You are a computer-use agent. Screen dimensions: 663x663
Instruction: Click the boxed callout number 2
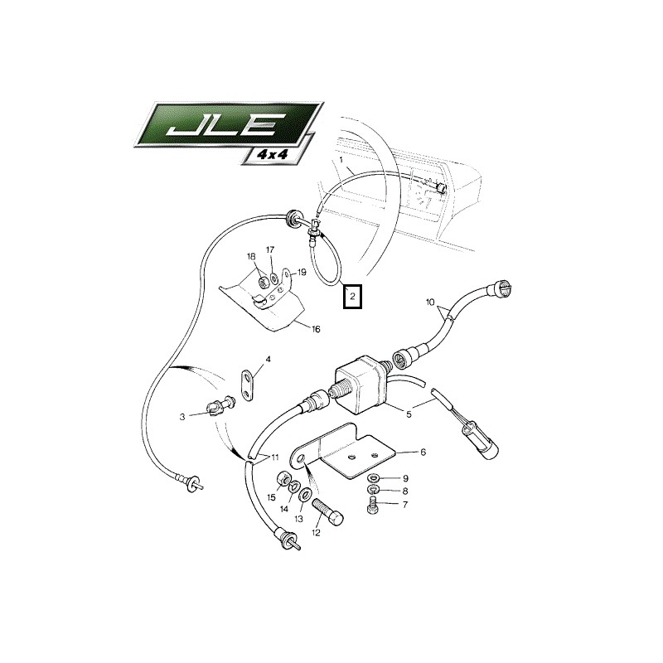tap(351, 297)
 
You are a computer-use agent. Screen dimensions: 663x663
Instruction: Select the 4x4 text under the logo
tap(273, 154)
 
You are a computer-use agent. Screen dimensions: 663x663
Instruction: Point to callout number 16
tap(316, 329)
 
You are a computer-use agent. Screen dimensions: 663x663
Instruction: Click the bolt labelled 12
tap(327, 512)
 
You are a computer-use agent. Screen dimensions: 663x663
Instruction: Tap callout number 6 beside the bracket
tap(423, 452)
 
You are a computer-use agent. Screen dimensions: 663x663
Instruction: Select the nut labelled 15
tap(283, 479)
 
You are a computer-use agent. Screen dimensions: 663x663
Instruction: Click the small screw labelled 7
tap(371, 506)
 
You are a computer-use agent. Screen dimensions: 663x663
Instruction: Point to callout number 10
tap(429, 302)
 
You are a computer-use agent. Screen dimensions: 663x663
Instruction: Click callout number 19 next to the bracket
tap(302, 273)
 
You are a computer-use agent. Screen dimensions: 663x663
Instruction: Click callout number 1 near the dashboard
tap(341, 160)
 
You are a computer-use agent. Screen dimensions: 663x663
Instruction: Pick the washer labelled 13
tap(305, 493)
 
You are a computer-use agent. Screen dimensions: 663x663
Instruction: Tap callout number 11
tap(275, 457)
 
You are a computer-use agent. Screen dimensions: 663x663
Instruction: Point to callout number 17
tap(270, 250)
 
